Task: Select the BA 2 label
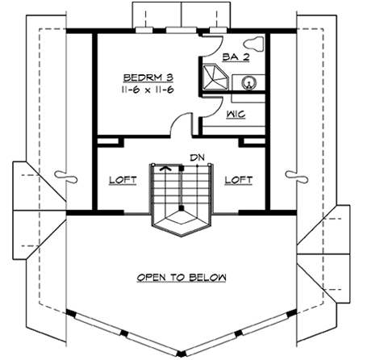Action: [235, 58]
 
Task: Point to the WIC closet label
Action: [236, 115]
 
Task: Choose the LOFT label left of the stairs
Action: [121, 181]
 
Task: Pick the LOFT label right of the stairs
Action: [237, 181]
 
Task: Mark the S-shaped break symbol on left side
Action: [62, 174]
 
